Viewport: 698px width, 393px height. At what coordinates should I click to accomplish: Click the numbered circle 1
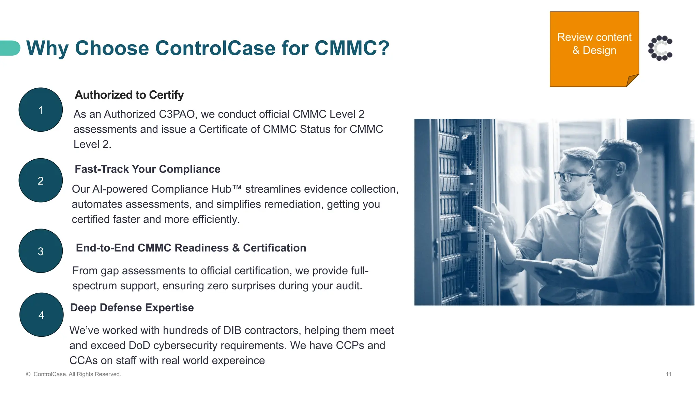[41, 110]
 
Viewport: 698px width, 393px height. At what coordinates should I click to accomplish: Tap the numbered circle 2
[41, 180]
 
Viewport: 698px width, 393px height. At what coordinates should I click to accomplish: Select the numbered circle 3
[41, 251]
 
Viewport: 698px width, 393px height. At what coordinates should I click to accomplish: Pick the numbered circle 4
[41, 315]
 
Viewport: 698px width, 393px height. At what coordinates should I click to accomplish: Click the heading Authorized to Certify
[129, 95]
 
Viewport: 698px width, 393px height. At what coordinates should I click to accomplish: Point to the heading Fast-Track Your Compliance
[147, 169]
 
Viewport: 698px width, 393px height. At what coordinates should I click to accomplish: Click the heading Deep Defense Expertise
[132, 308]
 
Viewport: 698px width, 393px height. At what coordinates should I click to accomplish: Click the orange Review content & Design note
[594, 48]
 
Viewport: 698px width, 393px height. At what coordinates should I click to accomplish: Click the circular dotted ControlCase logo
[660, 48]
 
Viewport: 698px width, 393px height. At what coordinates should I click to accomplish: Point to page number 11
[668, 374]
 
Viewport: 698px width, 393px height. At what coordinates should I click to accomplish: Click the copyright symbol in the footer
[28, 374]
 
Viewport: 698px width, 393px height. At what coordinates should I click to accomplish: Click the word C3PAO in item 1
[178, 114]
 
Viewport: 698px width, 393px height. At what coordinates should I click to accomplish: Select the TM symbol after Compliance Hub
[237, 188]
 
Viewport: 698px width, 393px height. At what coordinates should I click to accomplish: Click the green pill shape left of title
[10, 48]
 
